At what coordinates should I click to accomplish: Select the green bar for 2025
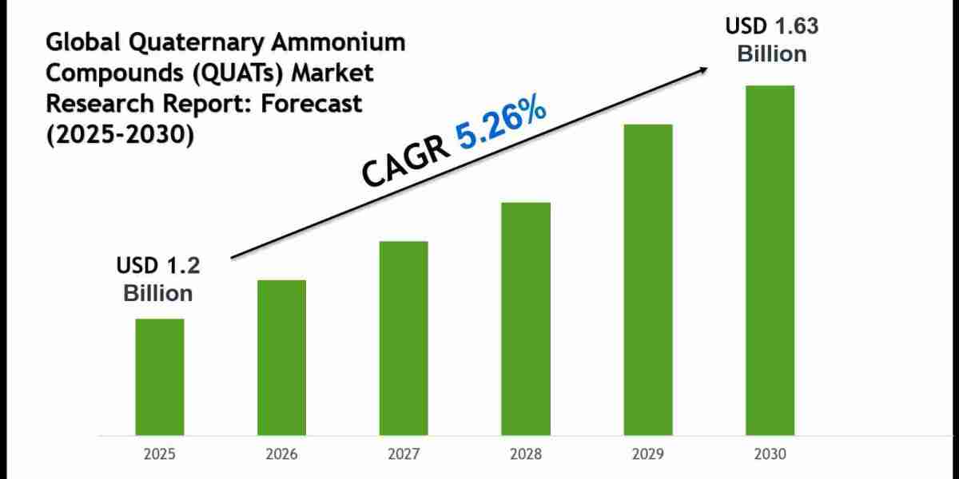[159, 377]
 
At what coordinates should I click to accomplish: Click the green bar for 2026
[281, 358]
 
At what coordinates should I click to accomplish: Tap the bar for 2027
[404, 338]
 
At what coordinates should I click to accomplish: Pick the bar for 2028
[526, 319]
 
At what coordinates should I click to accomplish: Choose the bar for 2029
[648, 279]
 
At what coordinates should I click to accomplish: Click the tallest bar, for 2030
[770, 260]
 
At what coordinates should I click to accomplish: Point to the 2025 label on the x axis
[159, 454]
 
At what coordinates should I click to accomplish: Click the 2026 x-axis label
[281, 454]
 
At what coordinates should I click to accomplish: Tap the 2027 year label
[404, 454]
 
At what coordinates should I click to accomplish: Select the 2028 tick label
[526, 454]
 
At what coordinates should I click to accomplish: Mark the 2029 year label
[648, 454]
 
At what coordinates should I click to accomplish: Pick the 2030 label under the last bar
[770, 454]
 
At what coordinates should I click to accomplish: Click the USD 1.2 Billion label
[158, 279]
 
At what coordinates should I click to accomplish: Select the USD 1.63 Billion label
[771, 40]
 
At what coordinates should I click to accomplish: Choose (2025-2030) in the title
[120, 134]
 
